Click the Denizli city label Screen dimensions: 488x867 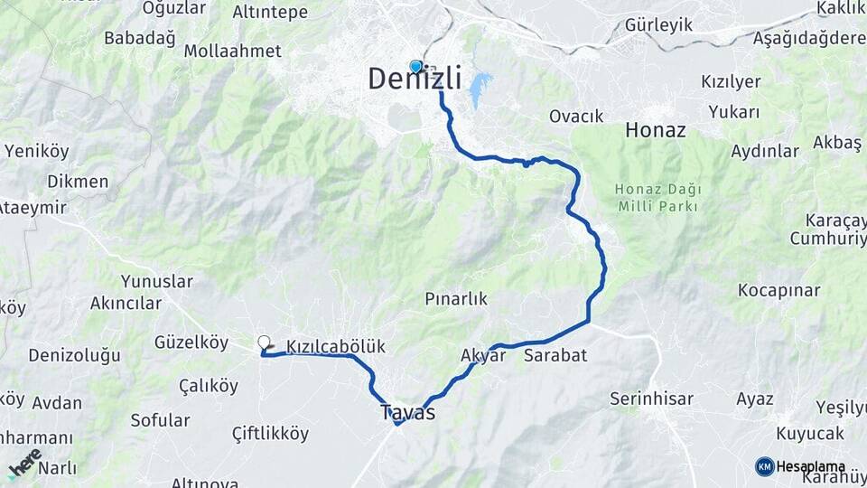pos(415,80)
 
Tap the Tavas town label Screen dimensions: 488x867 pos(407,413)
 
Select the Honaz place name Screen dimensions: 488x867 pos(656,130)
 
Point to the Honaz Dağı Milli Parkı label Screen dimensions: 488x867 pos(657,198)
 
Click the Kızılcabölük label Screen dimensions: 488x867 pos(336,346)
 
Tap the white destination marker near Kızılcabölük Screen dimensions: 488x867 pos(264,343)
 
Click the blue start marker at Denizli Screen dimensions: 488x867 pos(415,66)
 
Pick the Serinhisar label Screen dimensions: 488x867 pos(651,399)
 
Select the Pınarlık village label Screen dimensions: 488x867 pos(457,298)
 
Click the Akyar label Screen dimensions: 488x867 pos(483,355)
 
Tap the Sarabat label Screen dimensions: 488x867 pos(555,355)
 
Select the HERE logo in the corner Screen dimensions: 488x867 pos(24,463)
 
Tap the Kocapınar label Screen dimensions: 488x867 pos(778,290)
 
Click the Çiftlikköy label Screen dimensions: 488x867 pos(257,434)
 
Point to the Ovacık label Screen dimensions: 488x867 pos(576,117)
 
